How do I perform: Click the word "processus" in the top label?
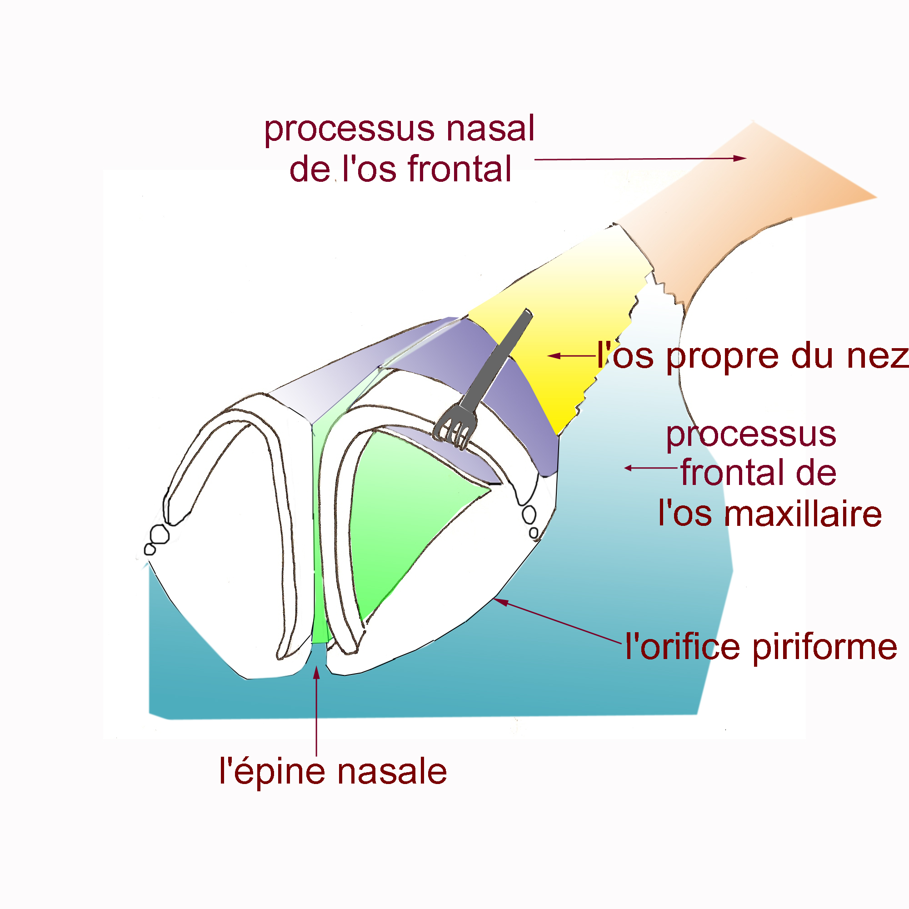pos(350,130)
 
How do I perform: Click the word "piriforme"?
pos(824,647)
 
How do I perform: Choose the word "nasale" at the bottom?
pos(392,772)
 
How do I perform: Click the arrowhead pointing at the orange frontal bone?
pos(740,158)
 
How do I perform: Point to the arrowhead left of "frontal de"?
pos(629,468)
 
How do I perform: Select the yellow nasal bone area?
pos(574,320)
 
